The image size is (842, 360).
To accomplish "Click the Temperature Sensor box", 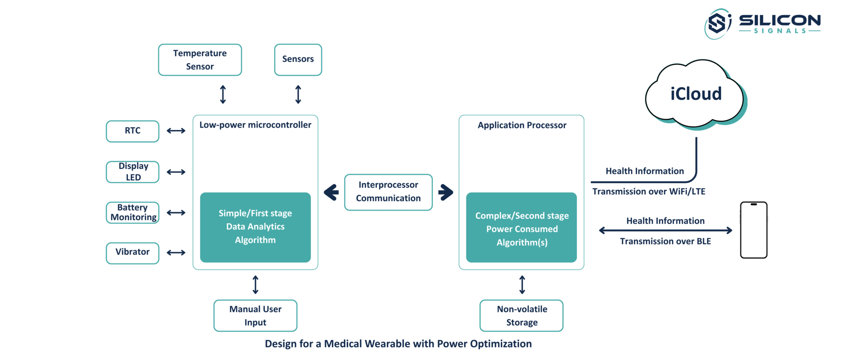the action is [200, 60].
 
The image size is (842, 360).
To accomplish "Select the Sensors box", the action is [298, 60].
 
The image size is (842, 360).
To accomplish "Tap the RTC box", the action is [132, 131].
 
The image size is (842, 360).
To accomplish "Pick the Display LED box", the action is [132, 172].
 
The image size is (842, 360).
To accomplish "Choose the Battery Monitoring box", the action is [132, 213].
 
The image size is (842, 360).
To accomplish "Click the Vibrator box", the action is [132, 253].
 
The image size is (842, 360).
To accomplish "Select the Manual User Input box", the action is [255, 316].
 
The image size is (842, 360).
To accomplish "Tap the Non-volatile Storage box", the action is [521, 316].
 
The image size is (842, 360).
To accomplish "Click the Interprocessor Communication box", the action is [389, 192].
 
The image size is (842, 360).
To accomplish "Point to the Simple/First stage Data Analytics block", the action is [255, 227].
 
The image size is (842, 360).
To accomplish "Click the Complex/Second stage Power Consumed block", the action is [521, 227].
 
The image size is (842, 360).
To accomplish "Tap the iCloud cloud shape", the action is [696, 95].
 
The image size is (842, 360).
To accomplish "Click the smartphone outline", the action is [754, 230].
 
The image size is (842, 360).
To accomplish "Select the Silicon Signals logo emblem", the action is [718, 24].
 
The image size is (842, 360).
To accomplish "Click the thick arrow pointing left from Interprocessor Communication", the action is [331, 192].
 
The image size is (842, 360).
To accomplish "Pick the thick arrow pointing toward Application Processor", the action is [446, 192].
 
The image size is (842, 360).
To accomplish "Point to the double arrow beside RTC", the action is [176, 131].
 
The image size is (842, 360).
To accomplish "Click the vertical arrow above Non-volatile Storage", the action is [522, 285].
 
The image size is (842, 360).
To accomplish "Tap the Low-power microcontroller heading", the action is [255, 125].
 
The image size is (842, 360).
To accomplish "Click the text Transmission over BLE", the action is [665, 241].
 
